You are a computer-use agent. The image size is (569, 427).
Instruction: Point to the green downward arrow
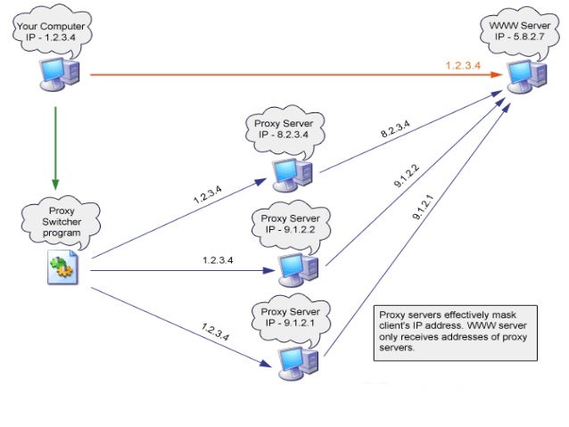[x=56, y=147]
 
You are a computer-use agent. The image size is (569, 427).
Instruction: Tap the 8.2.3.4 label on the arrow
[x=396, y=132]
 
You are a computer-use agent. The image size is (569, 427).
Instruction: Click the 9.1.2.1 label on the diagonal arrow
[x=423, y=206]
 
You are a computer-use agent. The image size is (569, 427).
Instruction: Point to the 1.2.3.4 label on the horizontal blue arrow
[x=217, y=260]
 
